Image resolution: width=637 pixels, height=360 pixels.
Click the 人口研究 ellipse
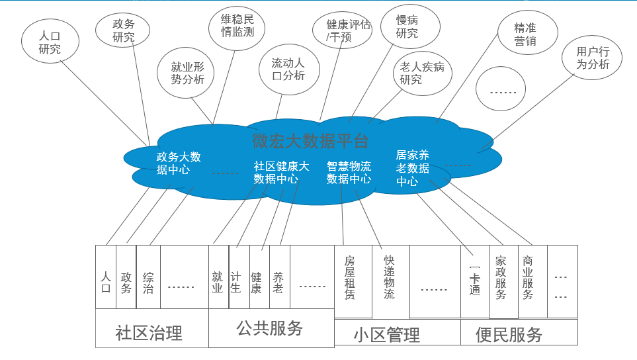point(50,41)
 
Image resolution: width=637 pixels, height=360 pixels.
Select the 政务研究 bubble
point(124,30)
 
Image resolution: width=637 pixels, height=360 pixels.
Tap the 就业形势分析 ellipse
point(188,73)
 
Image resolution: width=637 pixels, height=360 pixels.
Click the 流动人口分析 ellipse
point(288,69)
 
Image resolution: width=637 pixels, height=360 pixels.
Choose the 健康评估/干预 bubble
point(349,30)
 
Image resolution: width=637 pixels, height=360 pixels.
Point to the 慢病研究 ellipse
point(407,26)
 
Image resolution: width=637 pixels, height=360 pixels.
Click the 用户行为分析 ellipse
point(593,58)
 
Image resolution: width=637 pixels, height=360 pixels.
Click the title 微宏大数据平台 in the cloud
point(310,140)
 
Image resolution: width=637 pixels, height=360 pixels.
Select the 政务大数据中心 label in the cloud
point(178,163)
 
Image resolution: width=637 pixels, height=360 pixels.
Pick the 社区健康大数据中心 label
point(280,172)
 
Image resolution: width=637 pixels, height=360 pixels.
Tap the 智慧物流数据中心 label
point(349,172)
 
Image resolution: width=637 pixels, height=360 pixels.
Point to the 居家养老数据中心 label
point(413,168)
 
